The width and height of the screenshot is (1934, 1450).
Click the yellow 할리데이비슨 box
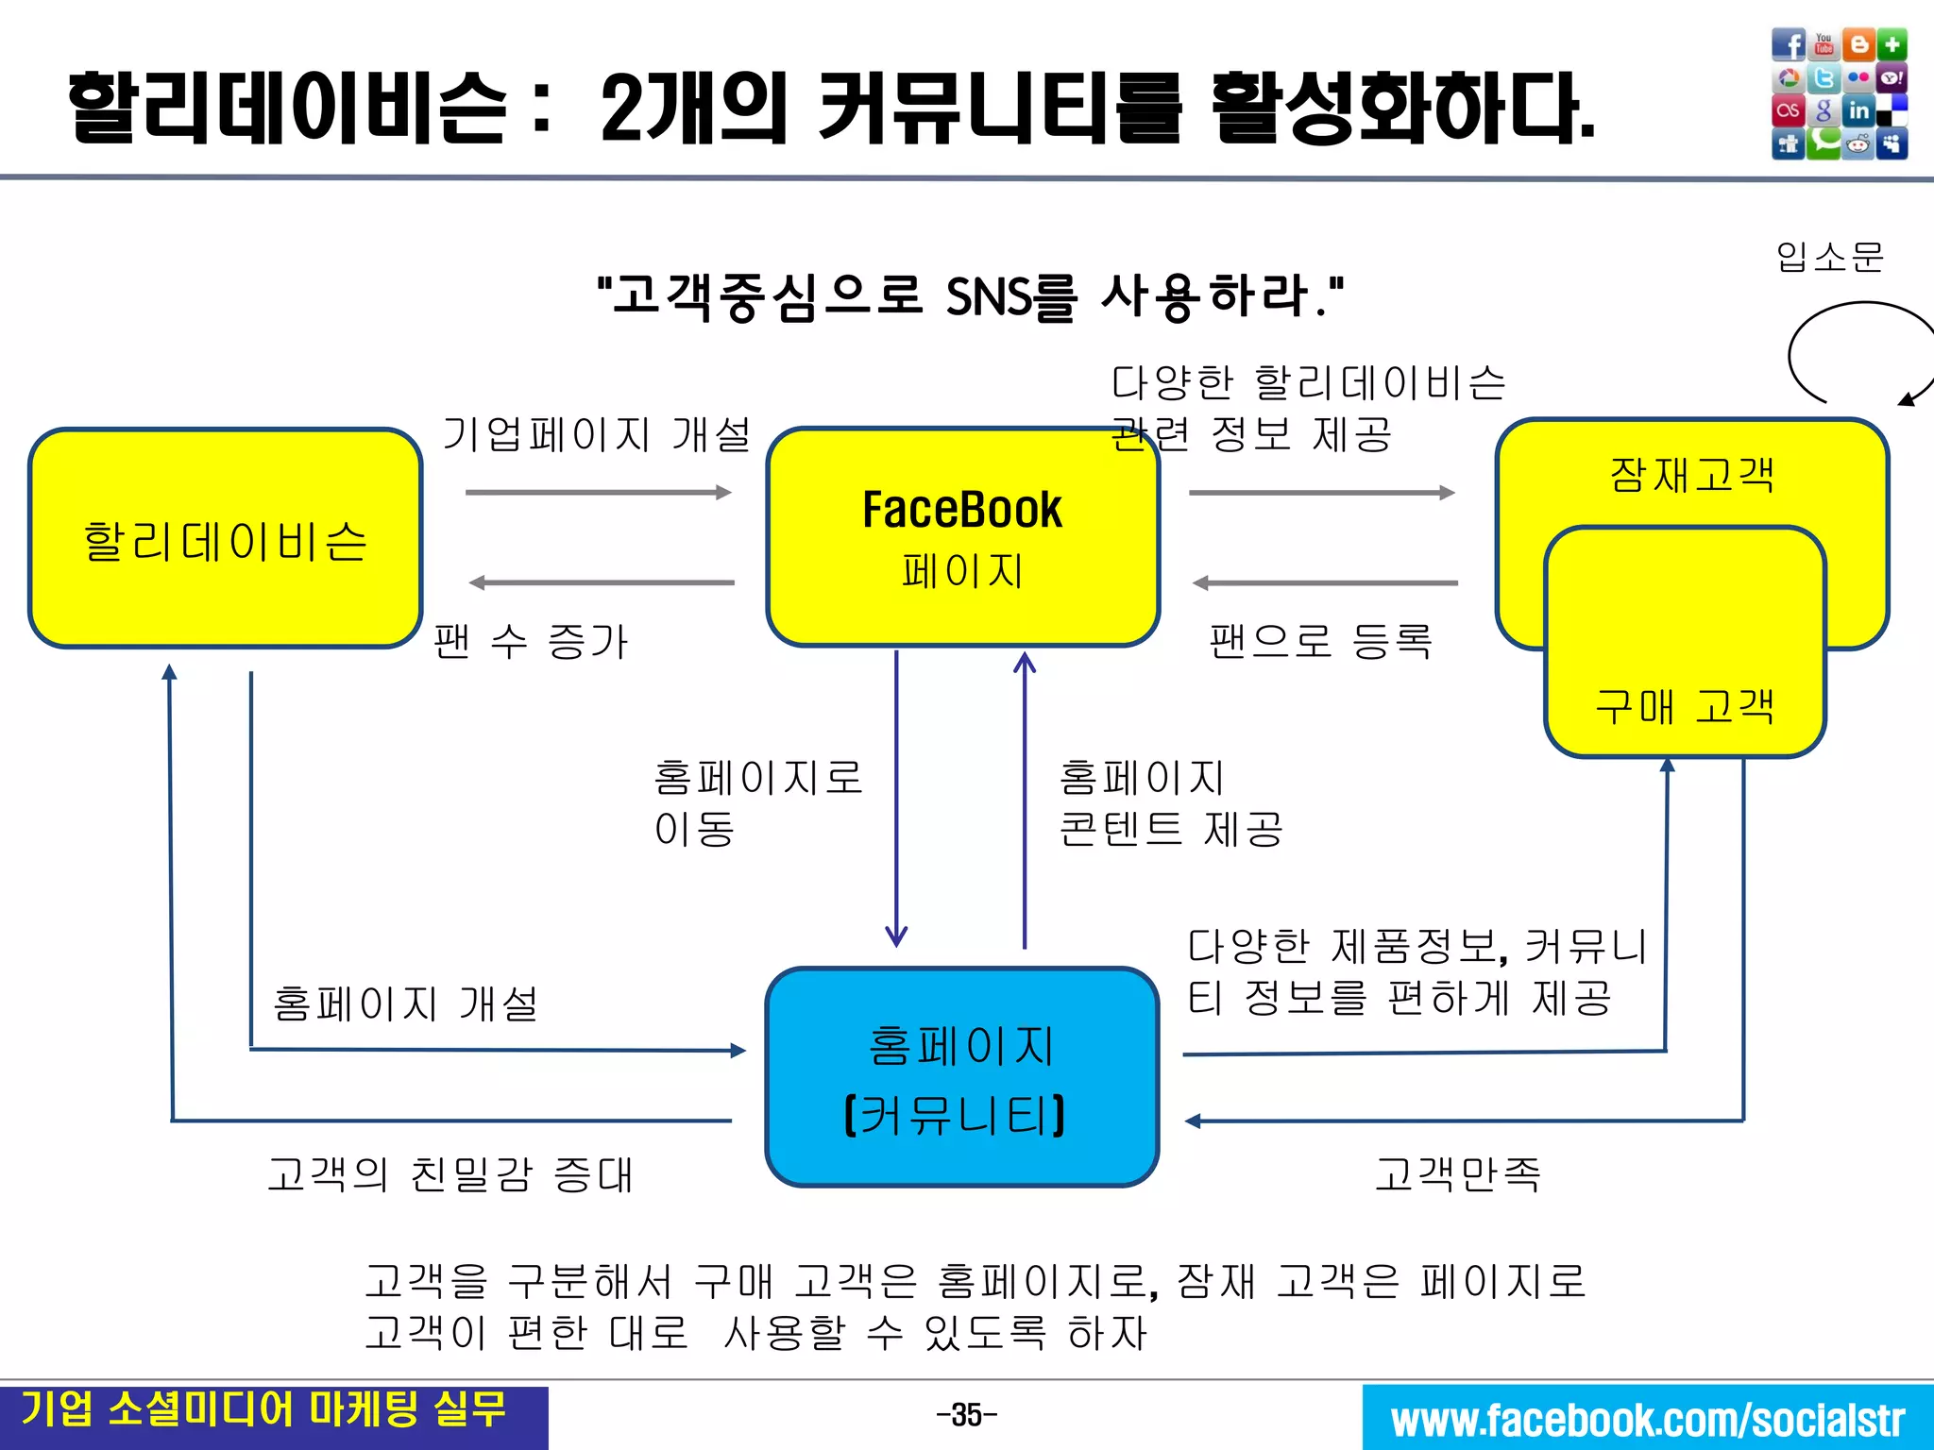pyautogui.click(x=225, y=538)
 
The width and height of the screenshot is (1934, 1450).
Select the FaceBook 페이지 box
pyautogui.click(x=962, y=537)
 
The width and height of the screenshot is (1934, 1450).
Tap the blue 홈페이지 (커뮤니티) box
pyautogui.click(x=961, y=1077)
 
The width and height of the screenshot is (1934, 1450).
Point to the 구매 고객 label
pyautogui.click(x=1685, y=706)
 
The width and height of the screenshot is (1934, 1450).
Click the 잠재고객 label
pyautogui.click(x=1691, y=474)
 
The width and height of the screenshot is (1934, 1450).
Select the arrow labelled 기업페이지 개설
pyautogui.click(x=598, y=492)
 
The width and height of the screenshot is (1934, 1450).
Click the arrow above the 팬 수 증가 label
pyautogui.click(x=602, y=582)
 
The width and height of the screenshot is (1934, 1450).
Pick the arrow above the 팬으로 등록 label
pyautogui.click(x=1325, y=583)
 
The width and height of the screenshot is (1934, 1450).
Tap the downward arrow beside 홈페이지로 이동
pyautogui.click(x=896, y=799)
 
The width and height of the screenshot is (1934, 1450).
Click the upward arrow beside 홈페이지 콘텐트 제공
pyautogui.click(x=1025, y=799)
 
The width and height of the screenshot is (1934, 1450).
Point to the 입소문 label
pyautogui.click(x=1829, y=256)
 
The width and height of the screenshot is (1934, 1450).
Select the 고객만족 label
pyautogui.click(x=1457, y=1174)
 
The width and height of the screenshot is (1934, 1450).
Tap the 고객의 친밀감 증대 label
pyautogui.click(x=450, y=1174)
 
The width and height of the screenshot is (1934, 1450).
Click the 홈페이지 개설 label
pyautogui.click(x=405, y=1003)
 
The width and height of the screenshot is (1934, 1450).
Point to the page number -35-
pyautogui.click(x=966, y=1415)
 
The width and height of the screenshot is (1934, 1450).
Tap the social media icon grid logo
pyautogui.click(x=1839, y=93)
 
